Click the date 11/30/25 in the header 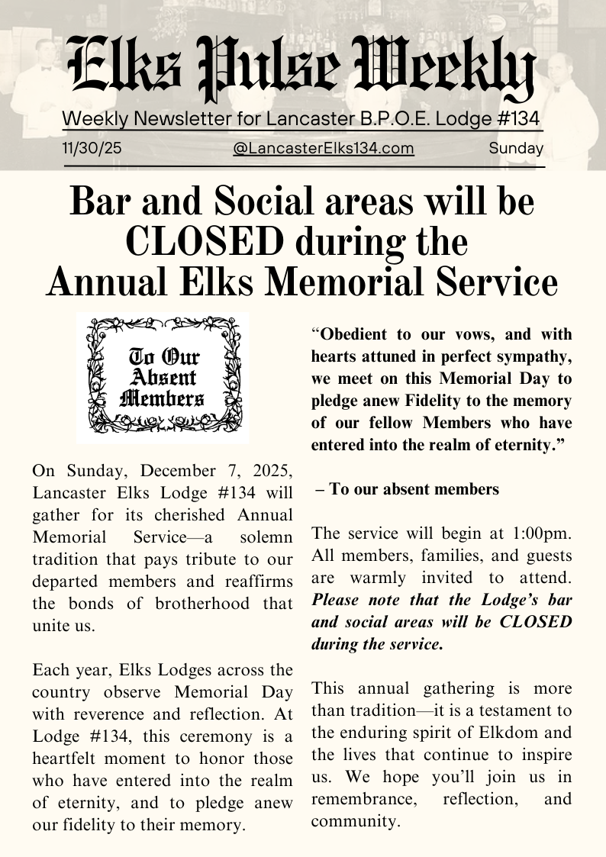point(92,148)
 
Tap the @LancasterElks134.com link point(324,148)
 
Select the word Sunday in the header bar point(516,148)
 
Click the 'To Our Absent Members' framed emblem point(163,378)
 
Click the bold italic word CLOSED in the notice point(536,621)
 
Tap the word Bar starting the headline point(98,202)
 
